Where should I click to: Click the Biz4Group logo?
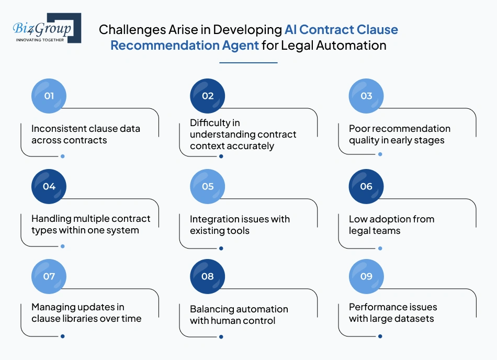[x=47, y=28]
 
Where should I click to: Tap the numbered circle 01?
[x=49, y=96]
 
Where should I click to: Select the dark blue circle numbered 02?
[x=208, y=96]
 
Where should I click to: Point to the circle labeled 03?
[x=366, y=96]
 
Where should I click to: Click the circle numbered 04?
[x=49, y=186]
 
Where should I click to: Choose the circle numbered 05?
[x=208, y=186]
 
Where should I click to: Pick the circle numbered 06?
[x=366, y=186]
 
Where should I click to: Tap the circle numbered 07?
[x=49, y=276]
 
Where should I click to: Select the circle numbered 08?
[x=208, y=276]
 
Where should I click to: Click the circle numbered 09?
[x=366, y=276]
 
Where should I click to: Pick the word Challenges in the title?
[x=132, y=30]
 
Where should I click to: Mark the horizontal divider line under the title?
[x=249, y=63]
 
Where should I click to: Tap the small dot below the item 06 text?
[x=380, y=249]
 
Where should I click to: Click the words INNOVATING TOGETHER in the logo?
[x=40, y=40]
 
